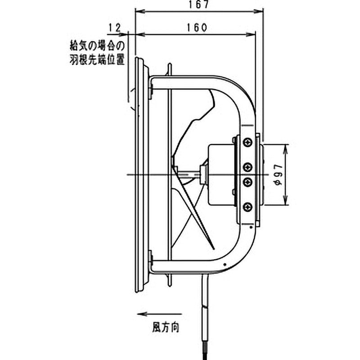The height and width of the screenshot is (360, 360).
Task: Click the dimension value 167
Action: [x=199, y=4]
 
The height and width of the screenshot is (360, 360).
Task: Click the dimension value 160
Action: [x=197, y=28]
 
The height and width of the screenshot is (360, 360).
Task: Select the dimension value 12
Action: [x=115, y=28]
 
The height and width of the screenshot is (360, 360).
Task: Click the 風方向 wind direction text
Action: [x=166, y=327]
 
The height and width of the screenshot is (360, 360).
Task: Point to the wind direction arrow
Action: [x=159, y=314]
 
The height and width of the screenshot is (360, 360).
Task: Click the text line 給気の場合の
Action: [x=97, y=46]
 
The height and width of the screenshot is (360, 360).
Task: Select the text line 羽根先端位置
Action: [x=97, y=60]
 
